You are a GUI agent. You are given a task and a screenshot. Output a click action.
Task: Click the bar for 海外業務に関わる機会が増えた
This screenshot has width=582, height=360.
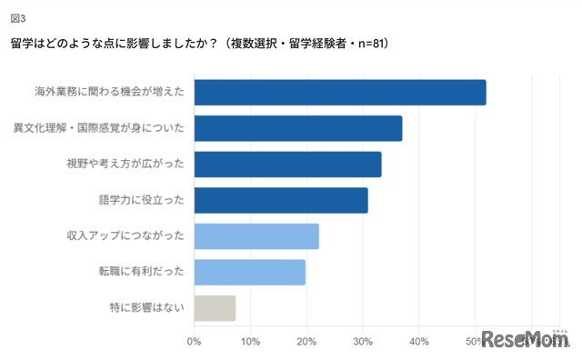click(340, 93)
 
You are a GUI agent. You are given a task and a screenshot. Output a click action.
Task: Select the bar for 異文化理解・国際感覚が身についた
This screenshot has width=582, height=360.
click(298, 128)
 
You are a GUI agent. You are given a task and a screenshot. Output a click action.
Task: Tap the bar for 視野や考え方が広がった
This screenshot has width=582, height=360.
click(287, 165)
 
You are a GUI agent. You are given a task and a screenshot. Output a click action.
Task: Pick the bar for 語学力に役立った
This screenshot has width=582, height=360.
click(281, 200)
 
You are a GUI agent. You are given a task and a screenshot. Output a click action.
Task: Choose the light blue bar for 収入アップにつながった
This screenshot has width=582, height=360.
click(256, 235)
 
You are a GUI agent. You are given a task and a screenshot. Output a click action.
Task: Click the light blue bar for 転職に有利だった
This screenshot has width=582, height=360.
click(250, 272)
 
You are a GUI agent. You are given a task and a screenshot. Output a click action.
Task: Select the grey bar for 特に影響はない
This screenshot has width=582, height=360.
click(215, 307)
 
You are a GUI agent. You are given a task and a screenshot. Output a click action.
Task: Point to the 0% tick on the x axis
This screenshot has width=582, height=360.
click(194, 342)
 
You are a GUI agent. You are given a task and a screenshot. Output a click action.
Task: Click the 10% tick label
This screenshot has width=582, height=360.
click(251, 342)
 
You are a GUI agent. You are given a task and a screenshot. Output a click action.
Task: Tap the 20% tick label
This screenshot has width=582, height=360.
click(307, 342)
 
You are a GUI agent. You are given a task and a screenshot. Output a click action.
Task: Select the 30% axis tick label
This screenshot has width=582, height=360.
click(364, 342)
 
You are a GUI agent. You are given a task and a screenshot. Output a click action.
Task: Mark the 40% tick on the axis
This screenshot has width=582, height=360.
click(420, 342)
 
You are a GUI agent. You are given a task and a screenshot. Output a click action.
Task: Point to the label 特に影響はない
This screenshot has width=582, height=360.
click(146, 307)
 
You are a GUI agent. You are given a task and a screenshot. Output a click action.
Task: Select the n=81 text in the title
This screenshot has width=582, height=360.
click(366, 44)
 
